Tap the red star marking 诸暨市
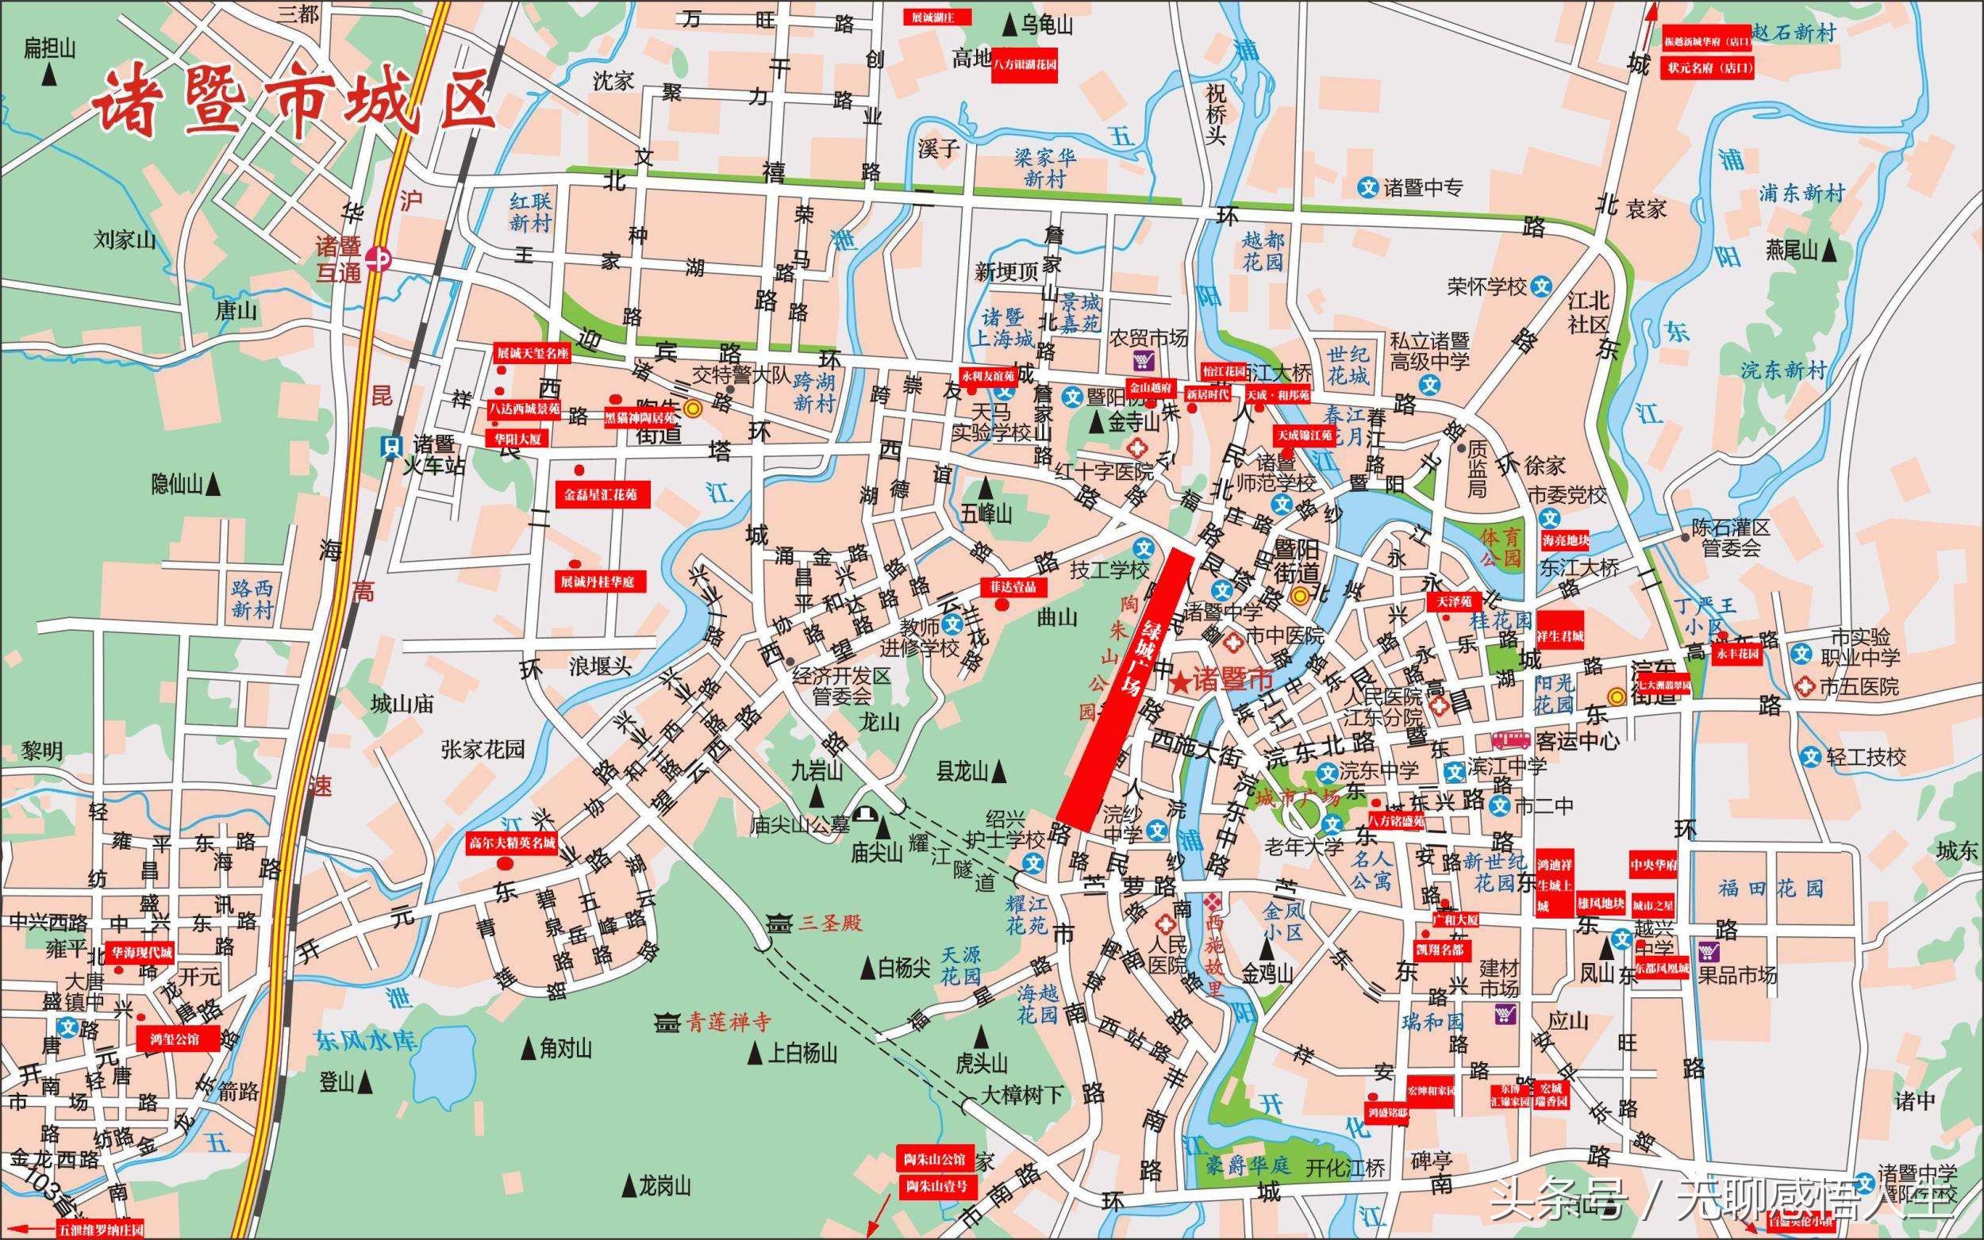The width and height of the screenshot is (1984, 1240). coord(1181,682)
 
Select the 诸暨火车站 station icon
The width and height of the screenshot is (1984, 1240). coord(391,446)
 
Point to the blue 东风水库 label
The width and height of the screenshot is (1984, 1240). coord(366,1040)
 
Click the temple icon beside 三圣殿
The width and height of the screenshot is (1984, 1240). coord(777,923)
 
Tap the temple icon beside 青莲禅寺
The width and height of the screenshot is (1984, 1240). coord(667,1023)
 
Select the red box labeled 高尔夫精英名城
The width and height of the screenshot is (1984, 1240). coord(511,843)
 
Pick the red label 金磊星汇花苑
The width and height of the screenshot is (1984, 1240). coord(602,494)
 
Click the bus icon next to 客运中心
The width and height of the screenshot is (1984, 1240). coord(1510,739)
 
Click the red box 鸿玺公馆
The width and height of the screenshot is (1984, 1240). coord(178,1038)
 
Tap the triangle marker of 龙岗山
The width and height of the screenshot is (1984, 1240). coord(629,1186)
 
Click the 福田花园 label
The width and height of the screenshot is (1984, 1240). coord(1770,889)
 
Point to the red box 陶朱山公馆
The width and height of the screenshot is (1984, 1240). coord(935,1160)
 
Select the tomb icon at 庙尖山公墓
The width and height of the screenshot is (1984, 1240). coord(863,813)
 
